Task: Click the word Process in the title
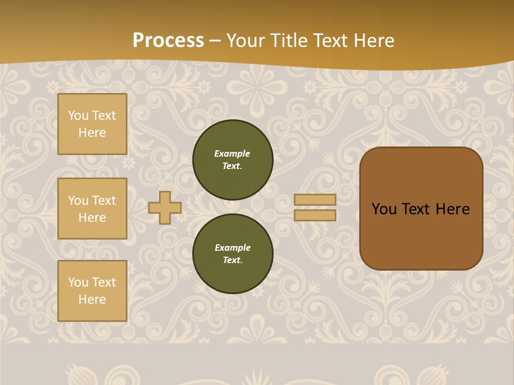168,41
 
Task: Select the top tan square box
92,124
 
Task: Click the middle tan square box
92,209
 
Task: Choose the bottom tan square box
92,291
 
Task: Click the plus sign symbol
165,207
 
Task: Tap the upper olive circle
233,160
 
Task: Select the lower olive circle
233,254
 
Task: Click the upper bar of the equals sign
315,199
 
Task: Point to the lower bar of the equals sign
315,215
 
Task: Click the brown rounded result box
421,209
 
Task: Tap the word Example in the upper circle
232,153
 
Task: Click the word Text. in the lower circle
232,260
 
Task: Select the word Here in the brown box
452,209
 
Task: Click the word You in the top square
78,115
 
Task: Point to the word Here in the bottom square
92,299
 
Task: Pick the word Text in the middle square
104,201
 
